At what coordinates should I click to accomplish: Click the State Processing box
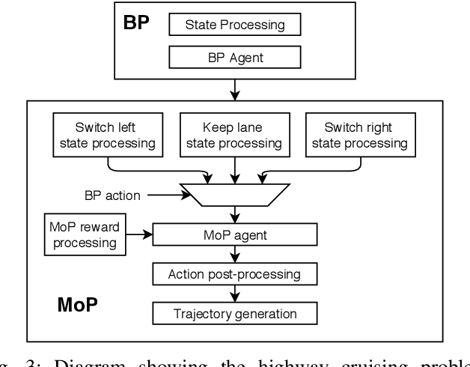(235, 24)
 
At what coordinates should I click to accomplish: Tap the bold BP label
(136, 22)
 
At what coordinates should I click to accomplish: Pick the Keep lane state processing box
(233, 134)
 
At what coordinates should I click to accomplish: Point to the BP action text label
(112, 195)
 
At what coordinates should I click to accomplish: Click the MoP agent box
(235, 234)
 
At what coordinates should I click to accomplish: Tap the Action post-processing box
(235, 274)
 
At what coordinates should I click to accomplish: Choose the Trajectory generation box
(235, 313)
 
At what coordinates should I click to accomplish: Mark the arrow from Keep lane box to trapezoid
(235, 169)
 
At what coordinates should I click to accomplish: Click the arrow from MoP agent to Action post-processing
(235, 255)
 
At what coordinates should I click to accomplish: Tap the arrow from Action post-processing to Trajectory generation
(235, 294)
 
